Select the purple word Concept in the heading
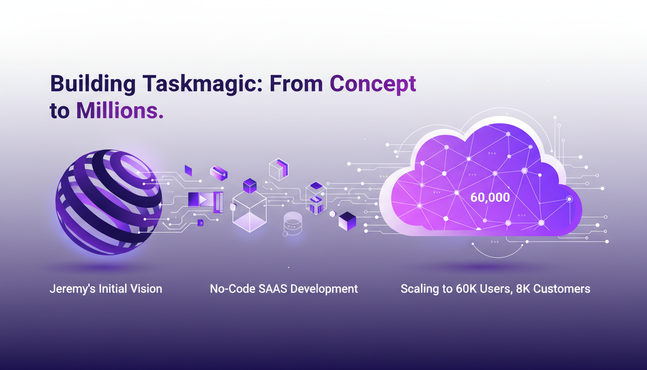(x=373, y=84)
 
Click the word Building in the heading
(x=91, y=84)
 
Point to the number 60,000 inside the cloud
(x=490, y=198)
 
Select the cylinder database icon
(x=292, y=222)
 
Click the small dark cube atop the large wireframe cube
(x=249, y=185)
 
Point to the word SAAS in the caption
(x=270, y=289)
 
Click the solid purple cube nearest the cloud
(x=347, y=221)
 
